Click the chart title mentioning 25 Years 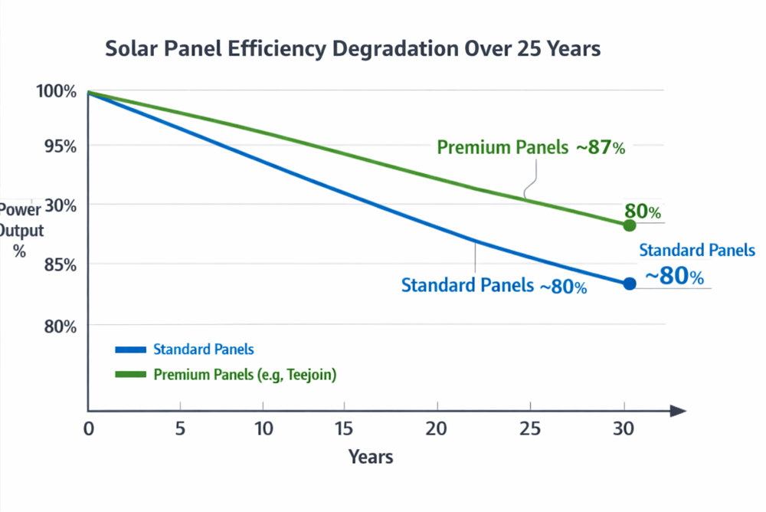coord(352,48)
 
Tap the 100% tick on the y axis coord(56,91)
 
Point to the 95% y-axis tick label coord(57,146)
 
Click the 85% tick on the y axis coord(57,265)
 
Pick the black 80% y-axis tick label coord(57,327)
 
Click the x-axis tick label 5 coord(180,428)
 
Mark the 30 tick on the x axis coord(624,428)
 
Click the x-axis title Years coord(371,458)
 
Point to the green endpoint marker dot coord(630,225)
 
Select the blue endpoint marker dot coord(630,284)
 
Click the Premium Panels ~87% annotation coord(531,148)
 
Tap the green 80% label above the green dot coord(642,212)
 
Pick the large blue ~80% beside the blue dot coord(674,276)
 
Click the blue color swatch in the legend coord(130,350)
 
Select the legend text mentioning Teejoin coord(245,375)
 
